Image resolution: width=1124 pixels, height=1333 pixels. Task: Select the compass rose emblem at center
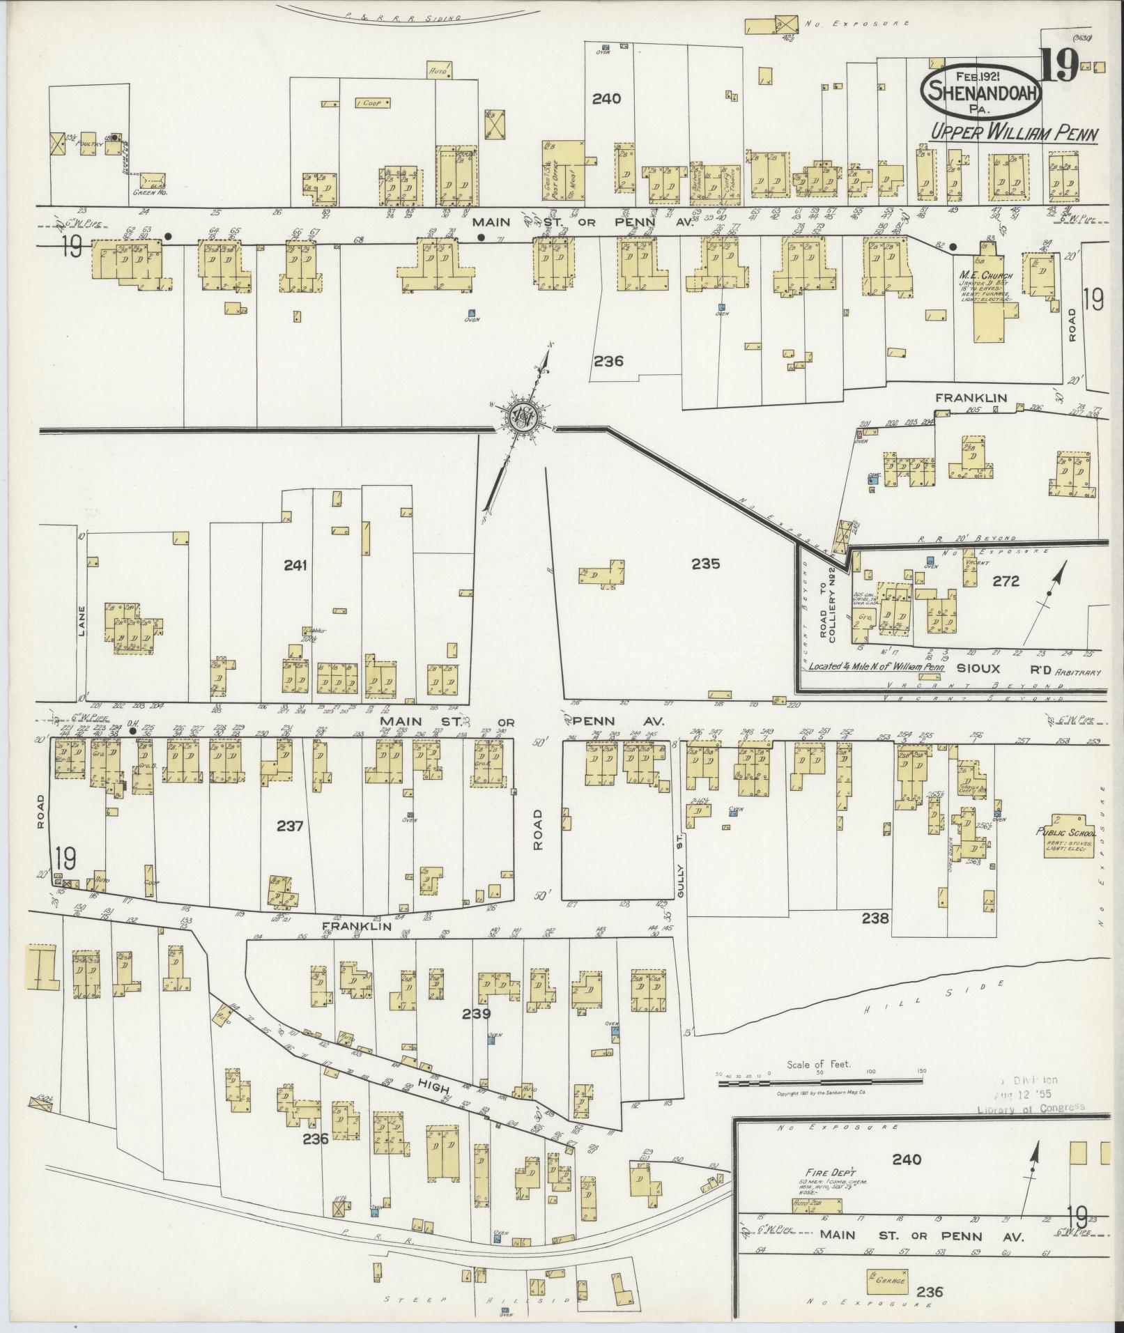[521, 419]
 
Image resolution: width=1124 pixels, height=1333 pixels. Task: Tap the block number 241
[295, 566]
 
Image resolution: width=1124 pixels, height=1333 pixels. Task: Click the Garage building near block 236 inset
[887, 1280]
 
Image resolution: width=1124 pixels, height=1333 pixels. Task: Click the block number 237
[290, 826]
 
